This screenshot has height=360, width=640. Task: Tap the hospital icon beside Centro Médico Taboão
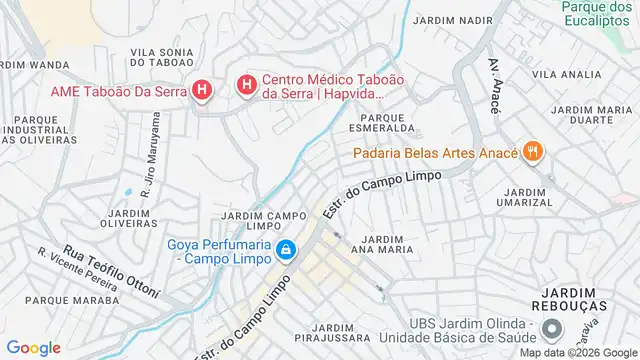click(246, 86)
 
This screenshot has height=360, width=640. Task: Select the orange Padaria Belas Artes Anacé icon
click(534, 152)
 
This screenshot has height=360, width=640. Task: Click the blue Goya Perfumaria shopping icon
click(286, 249)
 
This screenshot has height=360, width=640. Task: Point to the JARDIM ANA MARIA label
click(384, 245)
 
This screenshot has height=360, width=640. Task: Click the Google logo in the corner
click(33, 347)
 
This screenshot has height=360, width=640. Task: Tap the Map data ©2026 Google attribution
click(576, 352)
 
